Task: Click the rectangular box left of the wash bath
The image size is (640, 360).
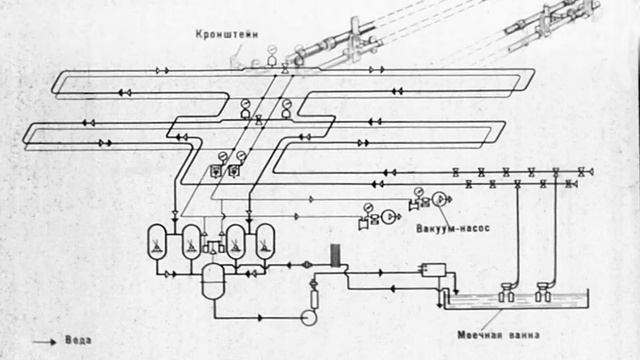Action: [434, 269]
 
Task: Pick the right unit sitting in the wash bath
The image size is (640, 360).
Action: [543, 292]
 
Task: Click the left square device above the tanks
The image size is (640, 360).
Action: [215, 171]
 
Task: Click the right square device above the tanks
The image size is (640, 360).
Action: [234, 171]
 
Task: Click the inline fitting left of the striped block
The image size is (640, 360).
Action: [309, 265]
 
